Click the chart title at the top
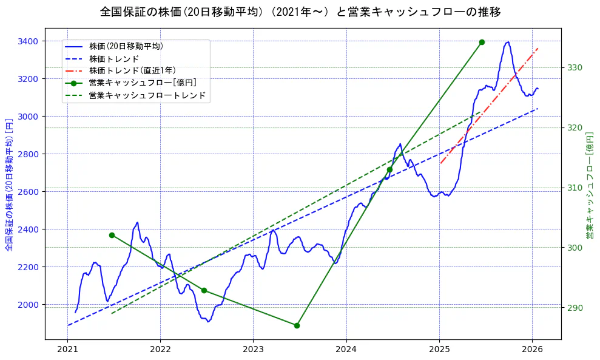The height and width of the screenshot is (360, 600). click(300, 12)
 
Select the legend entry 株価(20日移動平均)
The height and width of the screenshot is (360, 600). click(126, 46)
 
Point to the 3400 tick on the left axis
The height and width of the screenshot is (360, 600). click(29, 41)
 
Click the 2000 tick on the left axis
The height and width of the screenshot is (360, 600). click(29, 304)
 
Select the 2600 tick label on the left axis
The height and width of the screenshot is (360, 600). click(29, 192)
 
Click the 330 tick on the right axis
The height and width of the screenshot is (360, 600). click(575, 67)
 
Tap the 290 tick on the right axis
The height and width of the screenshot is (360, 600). click(575, 308)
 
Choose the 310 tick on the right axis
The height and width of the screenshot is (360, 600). click(575, 188)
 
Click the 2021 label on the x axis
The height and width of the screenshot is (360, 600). click(67, 350)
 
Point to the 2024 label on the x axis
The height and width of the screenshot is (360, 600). click(346, 350)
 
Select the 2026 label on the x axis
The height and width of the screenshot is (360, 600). click(531, 350)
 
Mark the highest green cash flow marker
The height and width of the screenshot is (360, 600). click(482, 42)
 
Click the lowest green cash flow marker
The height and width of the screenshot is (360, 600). click(297, 325)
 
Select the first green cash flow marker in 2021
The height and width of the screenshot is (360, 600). click(112, 235)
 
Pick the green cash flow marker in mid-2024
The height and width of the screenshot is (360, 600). click(389, 169)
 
